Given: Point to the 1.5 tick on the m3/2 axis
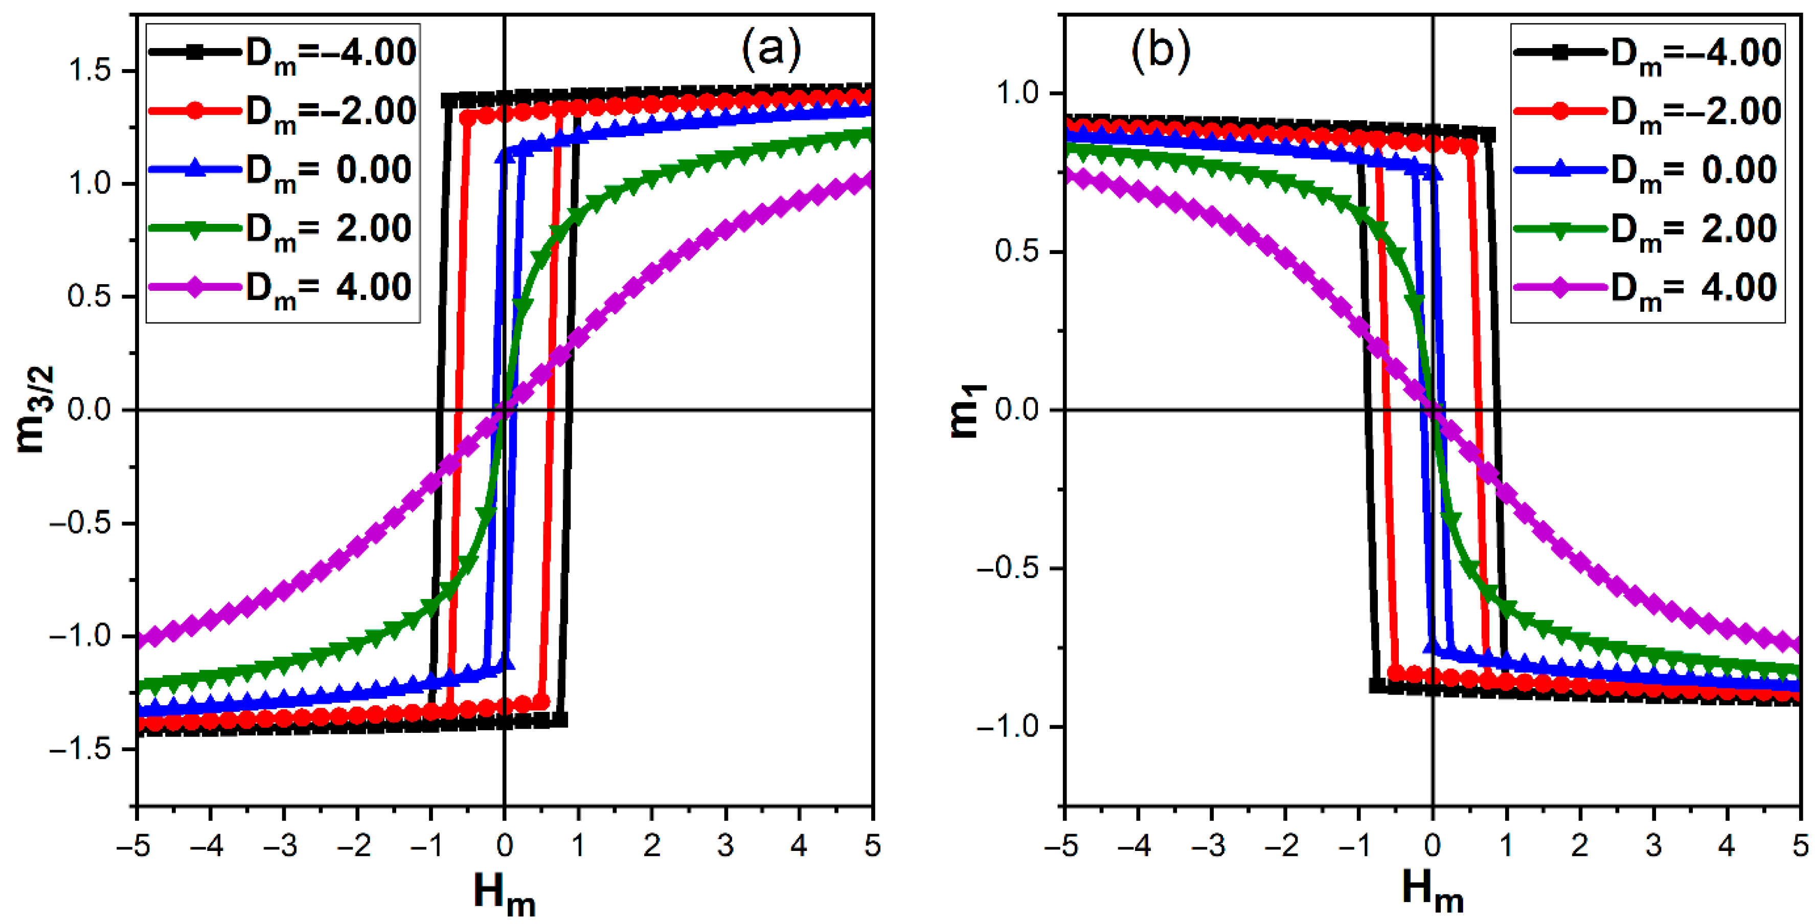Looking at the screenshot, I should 90,71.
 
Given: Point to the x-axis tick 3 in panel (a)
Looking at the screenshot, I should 725,846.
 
